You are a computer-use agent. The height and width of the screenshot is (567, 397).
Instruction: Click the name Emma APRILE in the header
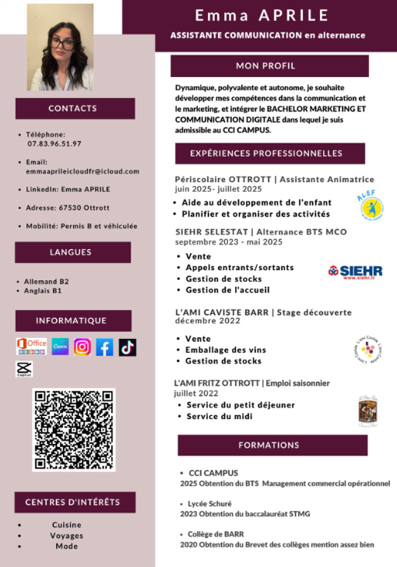[262, 16]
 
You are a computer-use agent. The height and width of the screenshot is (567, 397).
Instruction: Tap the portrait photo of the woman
[60, 48]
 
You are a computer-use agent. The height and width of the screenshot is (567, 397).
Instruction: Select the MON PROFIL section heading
[265, 65]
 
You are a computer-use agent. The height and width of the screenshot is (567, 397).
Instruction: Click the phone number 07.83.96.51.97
[54, 144]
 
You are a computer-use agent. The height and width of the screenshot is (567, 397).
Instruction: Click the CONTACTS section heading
[72, 108]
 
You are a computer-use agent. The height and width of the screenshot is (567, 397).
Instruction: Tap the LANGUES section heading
[71, 252]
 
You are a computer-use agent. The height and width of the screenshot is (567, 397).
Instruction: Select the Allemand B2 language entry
[47, 281]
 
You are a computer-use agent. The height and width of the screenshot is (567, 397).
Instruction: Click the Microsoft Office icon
[32, 347]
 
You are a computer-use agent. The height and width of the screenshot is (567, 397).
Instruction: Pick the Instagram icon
[83, 347]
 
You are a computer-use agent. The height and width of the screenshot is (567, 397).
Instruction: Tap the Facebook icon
[104, 347]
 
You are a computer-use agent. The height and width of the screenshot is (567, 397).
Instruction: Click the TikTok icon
[127, 347]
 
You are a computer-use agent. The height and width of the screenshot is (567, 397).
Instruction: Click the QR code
[73, 429]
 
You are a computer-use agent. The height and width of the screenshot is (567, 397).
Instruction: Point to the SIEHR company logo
[355, 271]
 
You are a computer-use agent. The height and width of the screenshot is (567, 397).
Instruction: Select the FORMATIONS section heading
[268, 445]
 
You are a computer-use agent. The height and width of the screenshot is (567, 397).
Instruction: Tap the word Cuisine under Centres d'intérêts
[66, 525]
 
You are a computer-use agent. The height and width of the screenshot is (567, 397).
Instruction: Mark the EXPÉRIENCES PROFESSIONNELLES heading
[265, 153]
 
